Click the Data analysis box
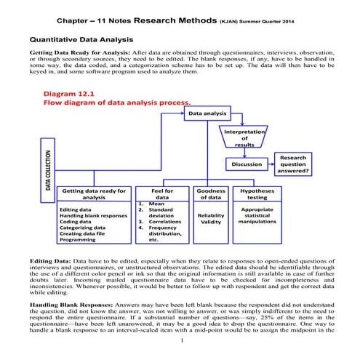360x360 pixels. click(x=208, y=114)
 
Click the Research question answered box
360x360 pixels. click(x=293, y=164)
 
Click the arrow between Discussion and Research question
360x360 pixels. click(x=266, y=165)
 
